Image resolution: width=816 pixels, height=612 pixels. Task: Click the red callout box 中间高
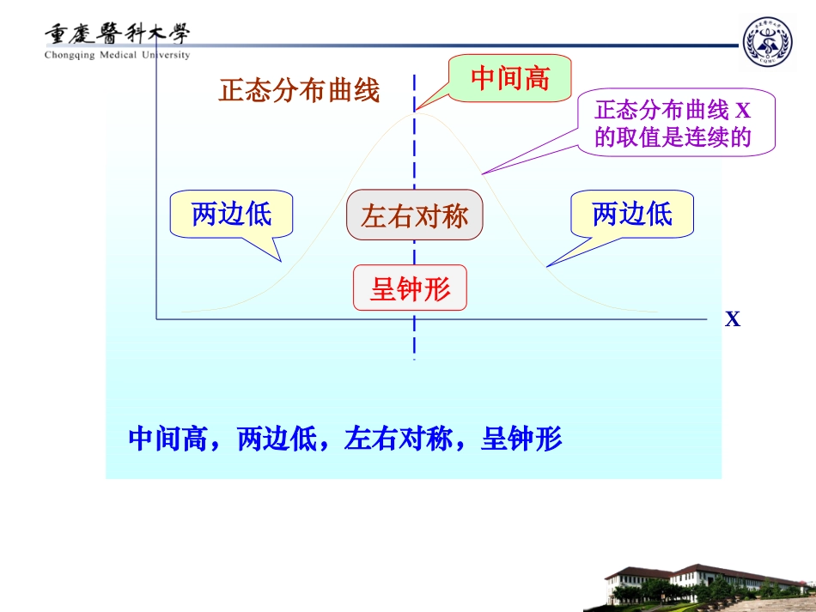pos(509,80)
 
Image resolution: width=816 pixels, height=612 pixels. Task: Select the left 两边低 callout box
pos(231,214)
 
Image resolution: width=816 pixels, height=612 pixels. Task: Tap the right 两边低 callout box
pos(632,214)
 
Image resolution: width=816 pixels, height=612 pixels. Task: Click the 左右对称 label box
pos(415,215)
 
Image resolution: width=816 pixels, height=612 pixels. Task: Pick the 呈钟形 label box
pos(410,288)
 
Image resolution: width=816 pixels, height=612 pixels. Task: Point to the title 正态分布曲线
pos(299,91)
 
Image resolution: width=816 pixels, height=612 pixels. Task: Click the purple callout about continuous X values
pos(673,124)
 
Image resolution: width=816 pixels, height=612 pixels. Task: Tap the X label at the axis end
pos(732,320)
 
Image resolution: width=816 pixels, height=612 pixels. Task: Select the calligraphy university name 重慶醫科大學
pos(118,33)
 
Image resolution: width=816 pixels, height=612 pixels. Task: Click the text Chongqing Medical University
pos(118,55)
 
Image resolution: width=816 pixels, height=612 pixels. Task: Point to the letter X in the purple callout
pos(743,110)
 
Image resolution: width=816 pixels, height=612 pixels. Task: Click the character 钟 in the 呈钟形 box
pos(410,289)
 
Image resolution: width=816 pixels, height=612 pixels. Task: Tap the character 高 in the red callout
pos(536,80)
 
